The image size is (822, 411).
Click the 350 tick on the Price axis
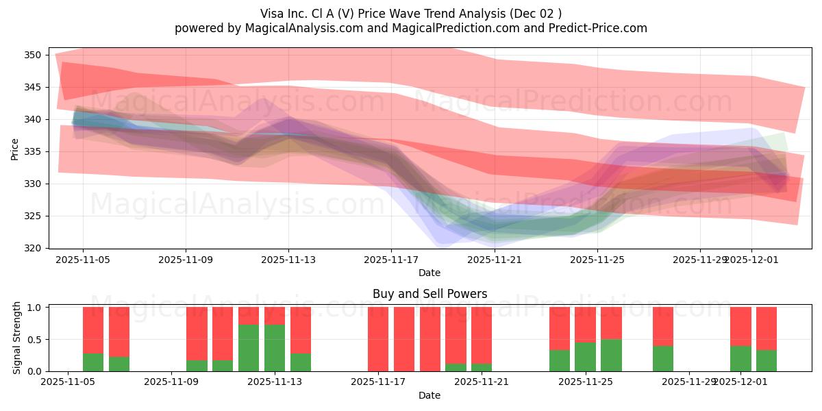pos(34,55)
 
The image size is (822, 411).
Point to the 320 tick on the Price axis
pos(34,248)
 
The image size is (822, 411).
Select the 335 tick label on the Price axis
pos(34,151)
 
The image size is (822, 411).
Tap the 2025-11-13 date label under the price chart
pos(288,260)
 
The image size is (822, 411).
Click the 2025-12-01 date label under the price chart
pos(751,260)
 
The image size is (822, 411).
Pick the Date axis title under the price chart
pos(429,273)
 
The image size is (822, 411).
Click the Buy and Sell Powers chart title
pos(429,294)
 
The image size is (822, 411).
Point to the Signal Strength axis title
pos(17,339)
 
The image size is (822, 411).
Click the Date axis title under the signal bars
pos(429,395)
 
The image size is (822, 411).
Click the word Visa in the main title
pos(273,14)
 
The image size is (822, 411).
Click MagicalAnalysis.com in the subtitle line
pos(299,28)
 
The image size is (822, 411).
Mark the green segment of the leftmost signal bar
pos(93,362)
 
